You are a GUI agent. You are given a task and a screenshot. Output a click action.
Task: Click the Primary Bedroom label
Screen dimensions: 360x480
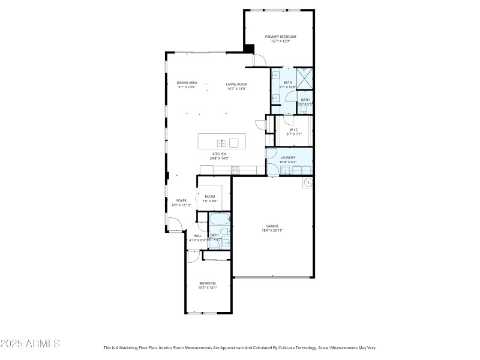pyautogui.click(x=281, y=37)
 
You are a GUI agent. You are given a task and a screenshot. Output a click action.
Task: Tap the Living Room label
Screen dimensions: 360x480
pyautogui.click(x=236, y=83)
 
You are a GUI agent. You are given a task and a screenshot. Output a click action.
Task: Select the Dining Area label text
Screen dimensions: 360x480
pyautogui.click(x=187, y=83)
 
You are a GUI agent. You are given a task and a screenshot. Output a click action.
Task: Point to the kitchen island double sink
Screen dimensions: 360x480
pyautogui.click(x=221, y=143)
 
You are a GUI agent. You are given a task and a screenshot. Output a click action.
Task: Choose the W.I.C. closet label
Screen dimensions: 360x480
pyautogui.click(x=294, y=130)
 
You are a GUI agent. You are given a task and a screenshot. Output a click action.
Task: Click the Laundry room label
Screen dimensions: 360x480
pyautogui.click(x=289, y=157)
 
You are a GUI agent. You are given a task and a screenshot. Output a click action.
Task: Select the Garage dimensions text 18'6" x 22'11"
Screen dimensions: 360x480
pyautogui.click(x=272, y=230)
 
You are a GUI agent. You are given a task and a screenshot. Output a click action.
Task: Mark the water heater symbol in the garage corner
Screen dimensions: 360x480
pyautogui.click(x=308, y=182)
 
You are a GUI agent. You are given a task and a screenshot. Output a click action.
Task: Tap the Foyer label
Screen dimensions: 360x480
pyautogui.click(x=181, y=200)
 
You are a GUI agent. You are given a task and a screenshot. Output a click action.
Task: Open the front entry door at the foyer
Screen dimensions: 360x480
pyautogui.click(x=175, y=226)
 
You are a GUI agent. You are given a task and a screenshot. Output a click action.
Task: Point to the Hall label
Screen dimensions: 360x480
pyautogui.click(x=197, y=236)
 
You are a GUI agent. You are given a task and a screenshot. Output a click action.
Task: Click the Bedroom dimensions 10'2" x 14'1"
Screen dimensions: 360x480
pyautogui.click(x=207, y=288)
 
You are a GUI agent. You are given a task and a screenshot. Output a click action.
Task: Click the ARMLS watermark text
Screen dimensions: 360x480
pyautogui.click(x=30, y=344)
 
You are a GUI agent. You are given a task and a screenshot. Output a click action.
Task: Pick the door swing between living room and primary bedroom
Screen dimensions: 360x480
pyautogui.click(x=260, y=60)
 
